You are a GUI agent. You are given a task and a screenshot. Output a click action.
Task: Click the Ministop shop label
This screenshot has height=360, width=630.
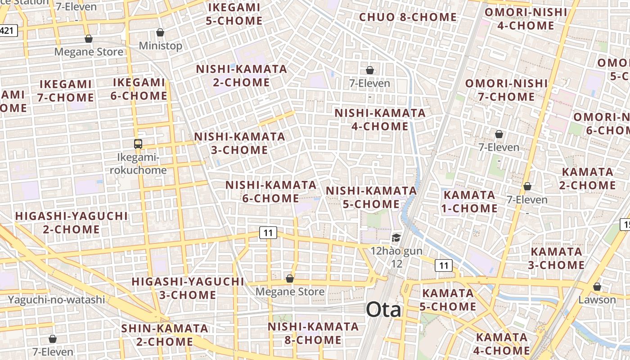(160, 46)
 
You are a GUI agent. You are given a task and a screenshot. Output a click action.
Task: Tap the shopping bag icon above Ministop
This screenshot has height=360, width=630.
(160, 32)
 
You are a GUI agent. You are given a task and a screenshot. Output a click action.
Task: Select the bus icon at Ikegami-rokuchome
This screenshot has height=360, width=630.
(138, 144)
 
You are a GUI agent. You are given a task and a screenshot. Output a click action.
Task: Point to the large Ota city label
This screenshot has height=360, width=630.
(383, 310)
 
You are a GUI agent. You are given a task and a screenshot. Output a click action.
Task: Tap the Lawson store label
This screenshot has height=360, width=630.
(597, 300)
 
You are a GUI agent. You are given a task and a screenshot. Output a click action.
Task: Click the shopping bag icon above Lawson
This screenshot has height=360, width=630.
(597, 287)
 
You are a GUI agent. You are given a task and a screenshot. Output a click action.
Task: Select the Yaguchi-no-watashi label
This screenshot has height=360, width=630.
(56, 299)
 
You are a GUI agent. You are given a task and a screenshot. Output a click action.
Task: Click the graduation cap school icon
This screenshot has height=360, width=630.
(396, 238)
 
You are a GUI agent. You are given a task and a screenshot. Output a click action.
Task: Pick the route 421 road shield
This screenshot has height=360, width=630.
(9, 31)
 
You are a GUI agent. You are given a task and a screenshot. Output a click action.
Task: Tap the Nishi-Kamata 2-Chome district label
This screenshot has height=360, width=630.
(242, 76)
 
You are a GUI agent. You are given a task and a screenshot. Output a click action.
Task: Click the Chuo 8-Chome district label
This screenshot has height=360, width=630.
(408, 18)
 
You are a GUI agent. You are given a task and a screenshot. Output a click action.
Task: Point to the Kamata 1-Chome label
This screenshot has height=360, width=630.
(470, 202)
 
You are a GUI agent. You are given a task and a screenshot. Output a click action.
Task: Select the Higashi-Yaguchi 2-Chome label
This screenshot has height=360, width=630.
(72, 222)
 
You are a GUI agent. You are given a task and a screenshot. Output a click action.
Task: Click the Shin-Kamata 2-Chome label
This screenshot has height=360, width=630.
(165, 335)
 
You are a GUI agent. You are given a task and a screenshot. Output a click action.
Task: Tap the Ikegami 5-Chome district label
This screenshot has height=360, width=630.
(234, 14)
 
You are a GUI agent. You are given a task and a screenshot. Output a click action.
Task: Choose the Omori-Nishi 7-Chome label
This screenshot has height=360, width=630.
(506, 90)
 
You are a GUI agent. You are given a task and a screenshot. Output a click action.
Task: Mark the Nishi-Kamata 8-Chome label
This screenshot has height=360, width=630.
(313, 333)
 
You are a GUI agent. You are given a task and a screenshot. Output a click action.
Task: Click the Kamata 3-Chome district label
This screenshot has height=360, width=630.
(557, 258)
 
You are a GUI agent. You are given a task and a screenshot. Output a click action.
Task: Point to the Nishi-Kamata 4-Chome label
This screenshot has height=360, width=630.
(380, 119)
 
